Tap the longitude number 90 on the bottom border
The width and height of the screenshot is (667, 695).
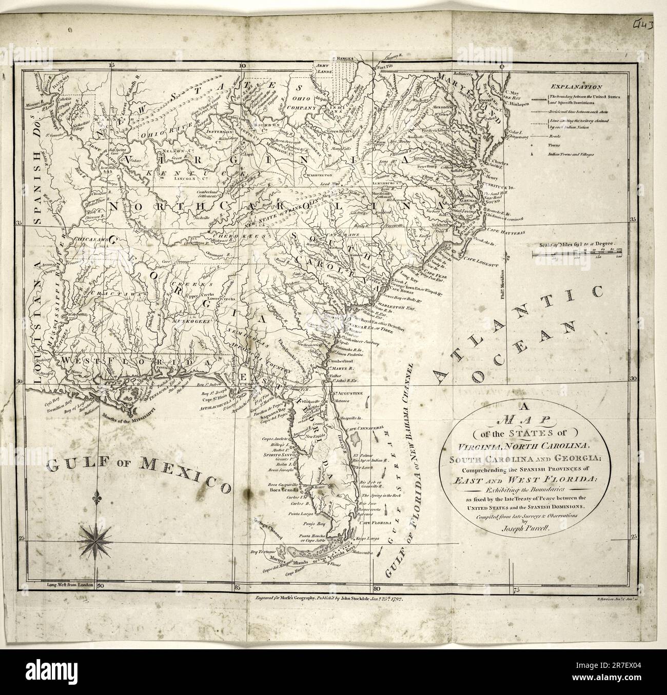(x=101, y=584)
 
